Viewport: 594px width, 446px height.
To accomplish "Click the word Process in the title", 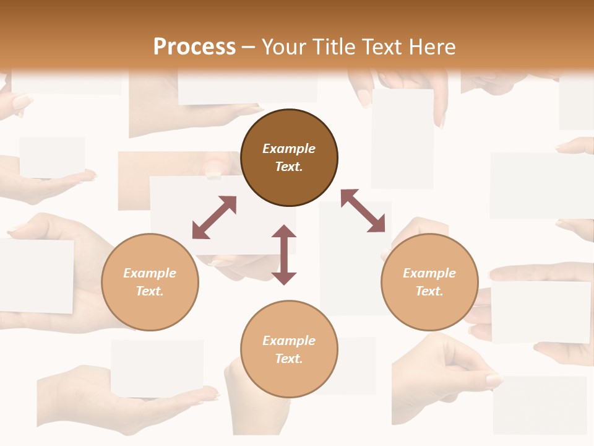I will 194,46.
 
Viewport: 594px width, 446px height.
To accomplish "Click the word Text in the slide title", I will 382,46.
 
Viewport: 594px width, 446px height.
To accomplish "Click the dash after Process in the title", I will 249,47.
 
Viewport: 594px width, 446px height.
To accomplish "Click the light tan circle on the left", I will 150,282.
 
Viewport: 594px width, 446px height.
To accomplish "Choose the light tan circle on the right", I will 429,282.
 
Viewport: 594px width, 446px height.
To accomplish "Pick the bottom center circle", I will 289,349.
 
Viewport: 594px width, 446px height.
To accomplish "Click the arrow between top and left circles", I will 214,217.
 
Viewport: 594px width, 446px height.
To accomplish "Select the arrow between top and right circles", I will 363,211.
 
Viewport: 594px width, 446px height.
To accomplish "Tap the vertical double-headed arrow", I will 284,255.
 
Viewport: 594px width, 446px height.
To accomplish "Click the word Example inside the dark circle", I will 289,149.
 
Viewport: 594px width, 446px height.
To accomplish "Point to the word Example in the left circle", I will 150,273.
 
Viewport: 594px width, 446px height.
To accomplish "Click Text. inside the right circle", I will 429,291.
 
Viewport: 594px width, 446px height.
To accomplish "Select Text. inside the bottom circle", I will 289,359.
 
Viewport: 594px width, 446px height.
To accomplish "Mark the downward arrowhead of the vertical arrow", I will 284,278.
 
